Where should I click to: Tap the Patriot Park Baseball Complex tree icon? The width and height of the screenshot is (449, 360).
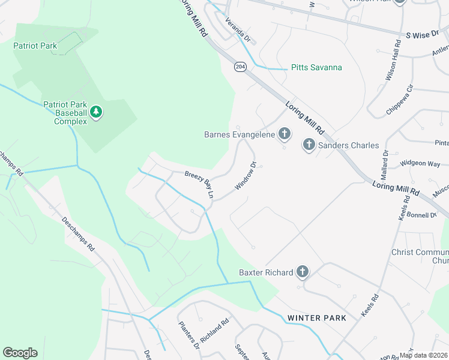[x=96, y=112]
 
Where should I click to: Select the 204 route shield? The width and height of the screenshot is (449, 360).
[x=240, y=67]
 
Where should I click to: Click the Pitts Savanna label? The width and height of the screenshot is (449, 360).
[x=316, y=67]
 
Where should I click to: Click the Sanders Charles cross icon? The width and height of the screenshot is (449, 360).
[x=309, y=144]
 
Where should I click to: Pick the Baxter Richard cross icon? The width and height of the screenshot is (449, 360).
[x=301, y=272]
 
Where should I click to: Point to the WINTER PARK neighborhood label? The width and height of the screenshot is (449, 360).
[x=316, y=318]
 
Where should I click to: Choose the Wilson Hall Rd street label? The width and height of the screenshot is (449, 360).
[x=393, y=61]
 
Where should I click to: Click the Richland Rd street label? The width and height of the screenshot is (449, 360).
[x=215, y=330]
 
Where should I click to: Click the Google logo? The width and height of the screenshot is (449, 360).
[x=20, y=353]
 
